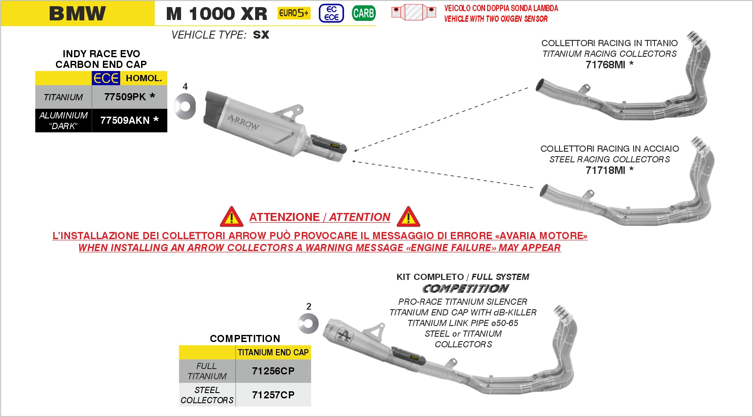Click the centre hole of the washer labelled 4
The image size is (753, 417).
[x=185, y=106]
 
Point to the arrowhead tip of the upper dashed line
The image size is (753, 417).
[x=354, y=151]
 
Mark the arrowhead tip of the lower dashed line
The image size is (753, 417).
[x=352, y=161]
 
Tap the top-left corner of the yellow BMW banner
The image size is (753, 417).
[x=1, y=1]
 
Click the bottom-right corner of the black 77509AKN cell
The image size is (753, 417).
[x=167, y=132]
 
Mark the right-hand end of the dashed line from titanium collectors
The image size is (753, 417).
[x=528, y=88]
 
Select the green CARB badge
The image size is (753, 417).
[x=364, y=13]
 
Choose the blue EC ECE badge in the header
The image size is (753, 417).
[x=331, y=13]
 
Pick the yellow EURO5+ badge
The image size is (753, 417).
[x=294, y=13]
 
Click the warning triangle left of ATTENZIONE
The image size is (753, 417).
[x=231, y=217]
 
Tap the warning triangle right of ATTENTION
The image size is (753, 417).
[x=408, y=217]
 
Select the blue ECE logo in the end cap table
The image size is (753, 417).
[x=106, y=78]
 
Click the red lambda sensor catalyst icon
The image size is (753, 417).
[x=414, y=12]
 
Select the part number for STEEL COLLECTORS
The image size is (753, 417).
[x=273, y=395]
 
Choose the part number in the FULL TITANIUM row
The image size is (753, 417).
[x=273, y=371]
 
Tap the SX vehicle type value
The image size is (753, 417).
[x=261, y=35]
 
